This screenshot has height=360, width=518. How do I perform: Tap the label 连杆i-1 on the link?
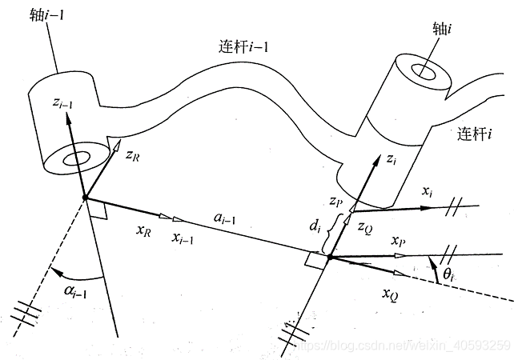pos(245,46)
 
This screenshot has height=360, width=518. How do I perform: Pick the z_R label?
pos(135,154)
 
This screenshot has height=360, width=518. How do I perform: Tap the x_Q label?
pos(390,294)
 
